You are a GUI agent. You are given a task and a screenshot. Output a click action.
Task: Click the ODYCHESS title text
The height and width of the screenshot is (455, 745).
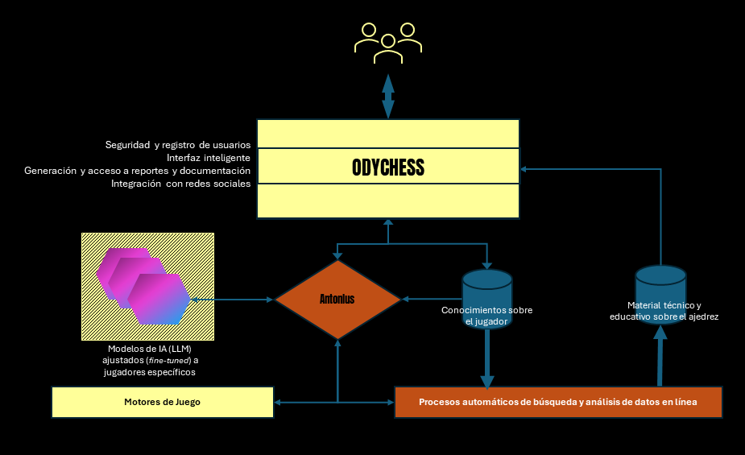pos(387,168)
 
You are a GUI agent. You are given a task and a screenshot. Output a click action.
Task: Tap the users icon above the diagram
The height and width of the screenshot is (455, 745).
pos(388,43)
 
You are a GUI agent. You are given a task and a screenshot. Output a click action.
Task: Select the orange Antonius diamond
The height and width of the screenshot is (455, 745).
pos(337,300)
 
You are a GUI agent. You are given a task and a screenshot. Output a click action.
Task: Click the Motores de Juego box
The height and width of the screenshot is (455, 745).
pos(162,402)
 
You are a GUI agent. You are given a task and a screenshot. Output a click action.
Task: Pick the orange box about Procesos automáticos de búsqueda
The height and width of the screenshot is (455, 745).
pos(557,401)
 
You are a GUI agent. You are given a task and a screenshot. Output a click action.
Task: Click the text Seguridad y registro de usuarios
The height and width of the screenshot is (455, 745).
pos(177,145)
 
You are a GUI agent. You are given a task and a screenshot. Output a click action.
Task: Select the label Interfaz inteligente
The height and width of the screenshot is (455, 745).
pos(209,158)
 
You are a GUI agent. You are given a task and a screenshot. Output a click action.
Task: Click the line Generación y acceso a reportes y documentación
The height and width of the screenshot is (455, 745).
pos(137,171)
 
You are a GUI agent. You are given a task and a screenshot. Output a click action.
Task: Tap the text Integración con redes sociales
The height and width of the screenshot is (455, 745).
pos(180,184)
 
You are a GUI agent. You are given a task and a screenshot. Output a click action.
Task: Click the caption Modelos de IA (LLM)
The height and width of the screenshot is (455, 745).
pos(149,349)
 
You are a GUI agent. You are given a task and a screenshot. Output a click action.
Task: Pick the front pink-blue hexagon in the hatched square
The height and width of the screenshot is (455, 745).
pos(158,299)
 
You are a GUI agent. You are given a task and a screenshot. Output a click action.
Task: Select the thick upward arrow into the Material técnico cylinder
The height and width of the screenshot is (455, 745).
pos(660,358)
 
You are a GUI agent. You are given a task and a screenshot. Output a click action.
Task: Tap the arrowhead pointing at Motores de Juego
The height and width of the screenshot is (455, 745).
pos(279,402)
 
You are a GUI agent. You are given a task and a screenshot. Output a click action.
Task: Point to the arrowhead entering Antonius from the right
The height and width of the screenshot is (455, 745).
pos(405,300)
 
